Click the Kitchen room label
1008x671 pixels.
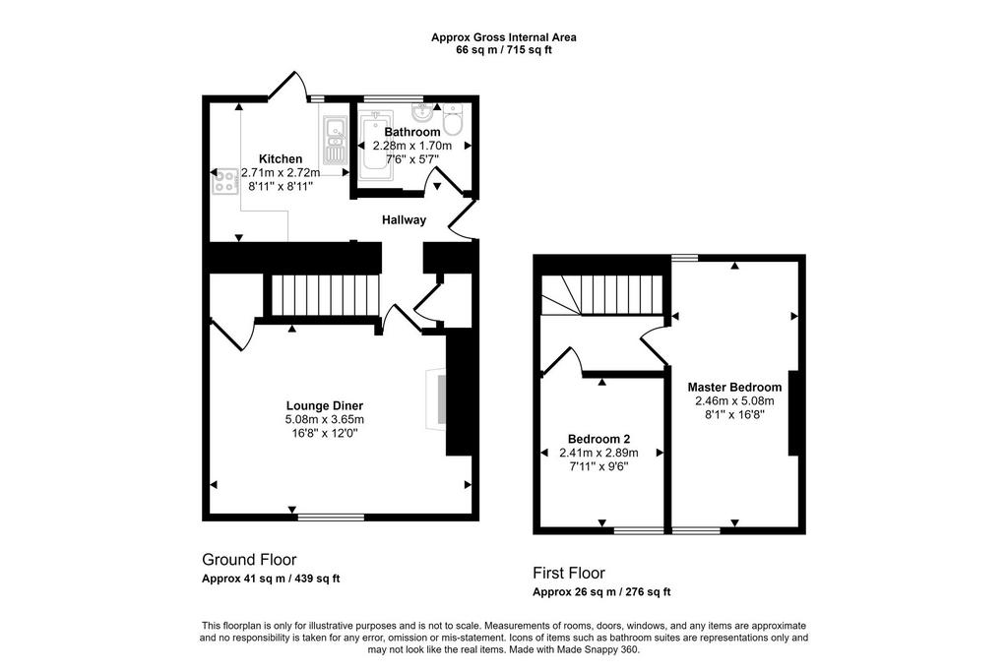(x=281, y=158)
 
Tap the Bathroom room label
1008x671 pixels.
(x=412, y=132)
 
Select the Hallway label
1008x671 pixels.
(x=404, y=219)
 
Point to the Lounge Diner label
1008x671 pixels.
(x=325, y=405)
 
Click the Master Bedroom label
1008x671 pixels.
(x=734, y=387)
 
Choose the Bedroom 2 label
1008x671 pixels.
(x=598, y=439)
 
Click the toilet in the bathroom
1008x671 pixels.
(x=453, y=119)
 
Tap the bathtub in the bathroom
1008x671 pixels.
(x=375, y=146)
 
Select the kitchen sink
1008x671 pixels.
(x=334, y=140)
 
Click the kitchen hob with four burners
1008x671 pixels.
(x=225, y=181)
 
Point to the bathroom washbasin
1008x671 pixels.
(x=422, y=113)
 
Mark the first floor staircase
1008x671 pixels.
(x=601, y=295)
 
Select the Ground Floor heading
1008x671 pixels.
(x=249, y=560)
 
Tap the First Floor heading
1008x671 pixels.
(x=569, y=573)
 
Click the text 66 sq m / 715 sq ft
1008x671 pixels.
(x=503, y=50)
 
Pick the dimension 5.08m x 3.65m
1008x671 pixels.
(x=325, y=420)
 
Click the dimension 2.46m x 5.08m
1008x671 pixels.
(x=734, y=401)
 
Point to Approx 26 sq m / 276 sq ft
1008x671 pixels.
(x=601, y=592)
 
